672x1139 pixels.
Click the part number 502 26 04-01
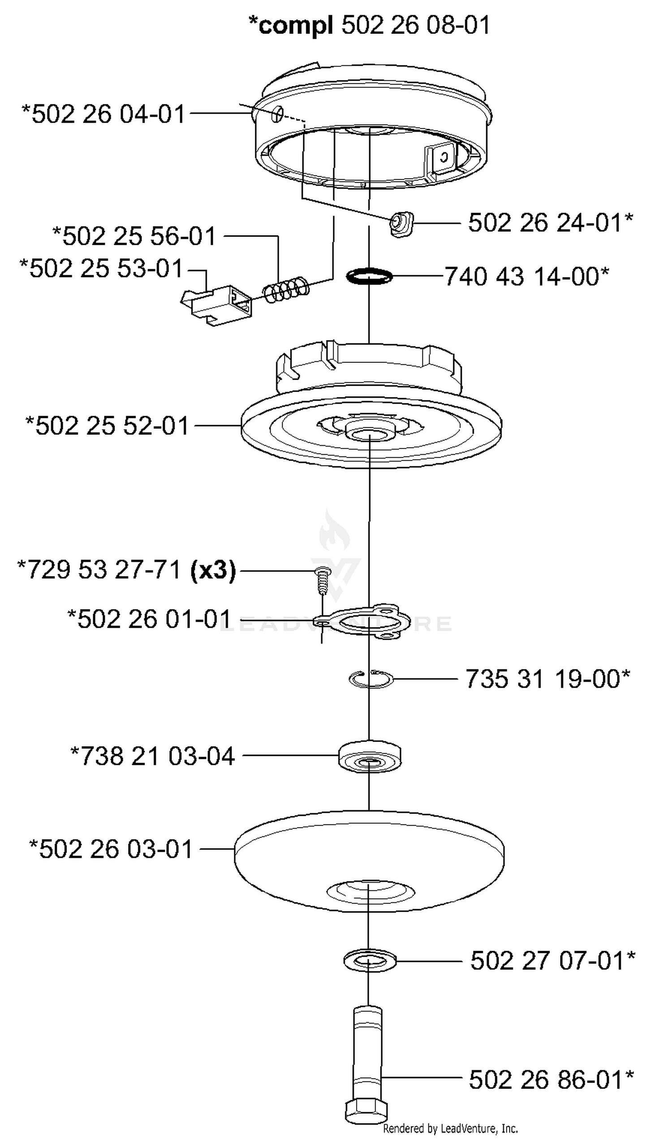[x=103, y=114]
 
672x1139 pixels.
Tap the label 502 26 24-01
[x=551, y=222]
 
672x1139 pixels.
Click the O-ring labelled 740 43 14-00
[x=370, y=276]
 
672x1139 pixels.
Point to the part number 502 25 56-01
[x=134, y=236]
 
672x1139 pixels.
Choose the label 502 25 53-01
[x=101, y=268]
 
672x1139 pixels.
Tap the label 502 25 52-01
[x=107, y=426]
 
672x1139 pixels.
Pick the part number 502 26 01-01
[x=150, y=619]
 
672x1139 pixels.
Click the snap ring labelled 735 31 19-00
[x=371, y=678]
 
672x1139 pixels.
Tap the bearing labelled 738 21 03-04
[x=370, y=756]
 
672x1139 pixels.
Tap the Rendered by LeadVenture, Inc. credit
[x=451, y=1129]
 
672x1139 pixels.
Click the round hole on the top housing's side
[x=278, y=114]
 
